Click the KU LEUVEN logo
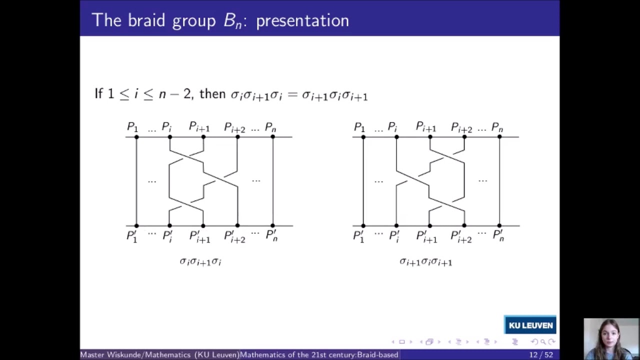click(x=530, y=325)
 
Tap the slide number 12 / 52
click(x=541, y=354)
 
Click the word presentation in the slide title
click(x=302, y=20)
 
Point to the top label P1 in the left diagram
click(x=132, y=127)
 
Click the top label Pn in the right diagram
click(x=497, y=127)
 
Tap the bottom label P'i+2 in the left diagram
click(x=234, y=236)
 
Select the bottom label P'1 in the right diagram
click(x=359, y=236)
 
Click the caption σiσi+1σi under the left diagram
click(x=200, y=261)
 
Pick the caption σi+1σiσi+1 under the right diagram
click(x=425, y=261)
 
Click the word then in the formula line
click(x=212, y=94)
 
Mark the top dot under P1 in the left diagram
click(x=136, y=136)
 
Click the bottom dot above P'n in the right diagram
click(x=499, y=225)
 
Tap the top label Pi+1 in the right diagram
click(x=426, y=127)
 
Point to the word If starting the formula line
click(x=99, y=93)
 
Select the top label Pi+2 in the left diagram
click(x=234, y=127)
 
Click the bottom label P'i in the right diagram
click(x=394, y=236)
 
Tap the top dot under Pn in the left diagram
click(x=273, y=136)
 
